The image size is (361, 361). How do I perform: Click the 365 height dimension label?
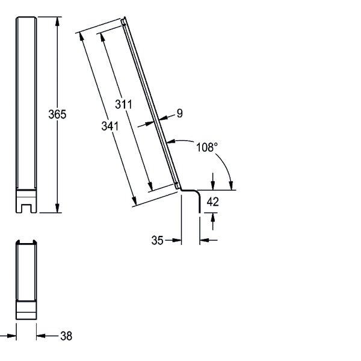tap(57, 114)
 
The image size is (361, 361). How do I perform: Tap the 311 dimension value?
tap(123, 104)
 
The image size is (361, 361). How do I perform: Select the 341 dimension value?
tap(110, 126)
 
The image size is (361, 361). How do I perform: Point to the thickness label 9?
tap(180, 113)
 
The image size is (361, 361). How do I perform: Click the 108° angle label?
tap(207, 147)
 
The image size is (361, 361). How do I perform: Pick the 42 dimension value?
tap(212, 202)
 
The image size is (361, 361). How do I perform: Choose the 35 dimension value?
tap(158, 240)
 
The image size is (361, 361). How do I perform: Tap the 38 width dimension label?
tap(66, 336)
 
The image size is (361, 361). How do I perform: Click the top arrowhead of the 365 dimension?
tap(57, 21)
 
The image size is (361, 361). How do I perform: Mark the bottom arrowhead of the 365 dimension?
tap(57, 208)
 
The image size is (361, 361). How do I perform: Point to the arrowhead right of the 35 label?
tap(177, 240)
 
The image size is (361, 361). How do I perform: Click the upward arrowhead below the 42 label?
tap(213, 217)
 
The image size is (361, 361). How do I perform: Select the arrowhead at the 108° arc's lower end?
tap(231, 185)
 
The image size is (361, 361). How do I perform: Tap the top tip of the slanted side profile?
tap(125, 17)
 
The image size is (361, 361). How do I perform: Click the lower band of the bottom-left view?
tap(26, 316)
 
